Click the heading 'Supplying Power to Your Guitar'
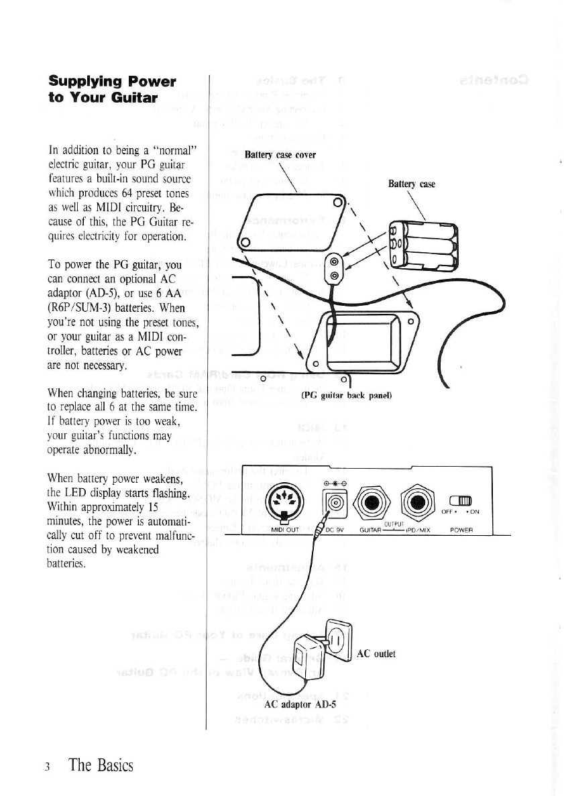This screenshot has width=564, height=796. tap(112, 89)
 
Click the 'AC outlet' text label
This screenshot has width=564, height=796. tap(376, 653)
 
